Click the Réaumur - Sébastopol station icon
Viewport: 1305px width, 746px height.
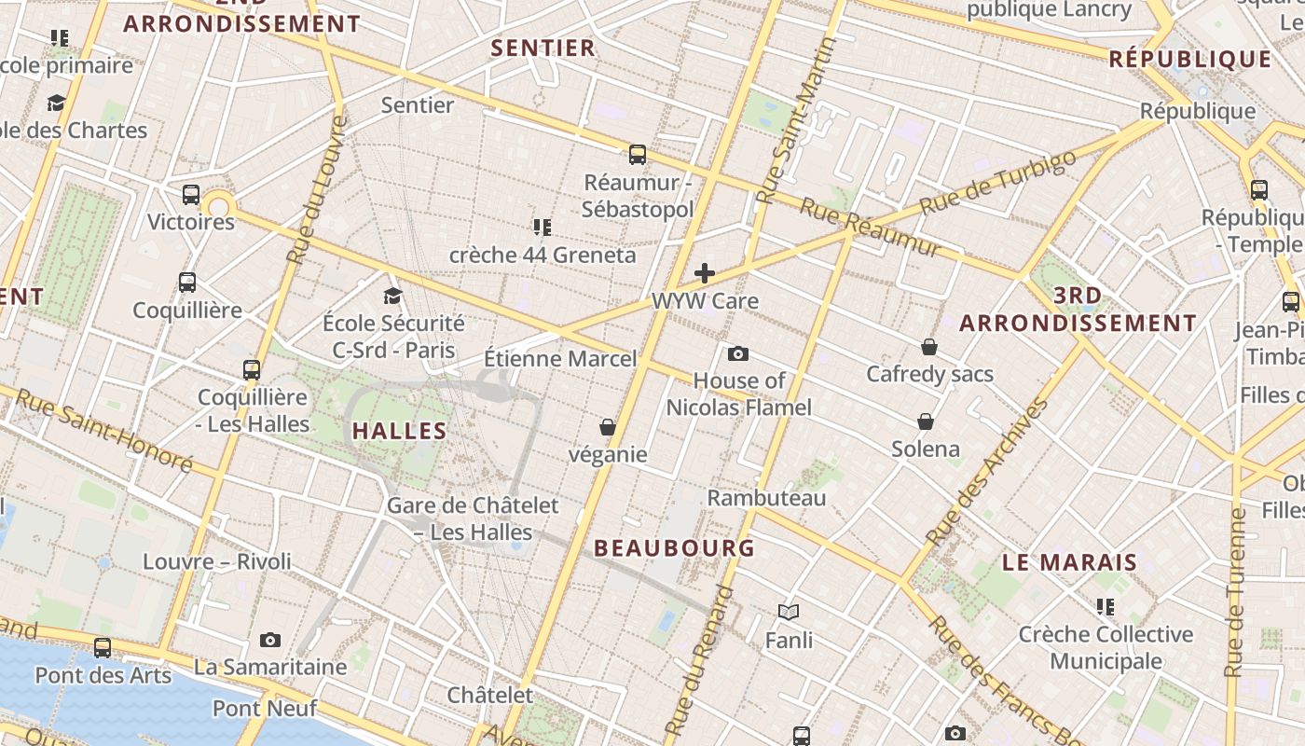pos(638,154)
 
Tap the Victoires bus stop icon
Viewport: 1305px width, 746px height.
pos(191,194)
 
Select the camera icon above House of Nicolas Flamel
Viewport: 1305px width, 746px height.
pos(738,353)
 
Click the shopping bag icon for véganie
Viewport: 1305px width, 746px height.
pos(608,427)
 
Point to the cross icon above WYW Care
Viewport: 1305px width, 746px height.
pos(705,273)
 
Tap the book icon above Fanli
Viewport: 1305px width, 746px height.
pos(789,612)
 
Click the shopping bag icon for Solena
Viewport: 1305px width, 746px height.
pos(926,421)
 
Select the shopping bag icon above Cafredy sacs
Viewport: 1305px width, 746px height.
pos(928,347)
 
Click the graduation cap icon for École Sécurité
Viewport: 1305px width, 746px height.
pos(393,296)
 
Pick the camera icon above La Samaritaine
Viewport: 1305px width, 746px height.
pos(270,640)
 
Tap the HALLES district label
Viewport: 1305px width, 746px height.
pos(400,431)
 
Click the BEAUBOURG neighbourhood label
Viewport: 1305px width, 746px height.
pos(675,548)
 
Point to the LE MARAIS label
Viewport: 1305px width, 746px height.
pos(1070,563)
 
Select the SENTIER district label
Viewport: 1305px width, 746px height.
pos(543,48)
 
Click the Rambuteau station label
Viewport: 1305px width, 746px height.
pos(766,498)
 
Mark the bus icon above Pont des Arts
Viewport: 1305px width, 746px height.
pos(103,647)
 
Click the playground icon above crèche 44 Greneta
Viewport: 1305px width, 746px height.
pos(543,227)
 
